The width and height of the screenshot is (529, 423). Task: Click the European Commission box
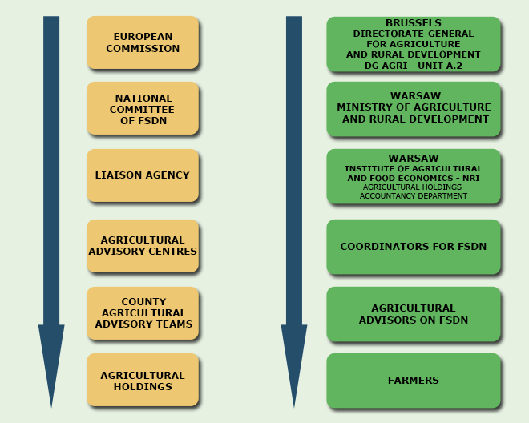[x=143, y=42]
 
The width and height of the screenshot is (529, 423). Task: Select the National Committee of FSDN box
[x=143, y=109]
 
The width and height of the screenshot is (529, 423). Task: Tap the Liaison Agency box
[x=143, y=175]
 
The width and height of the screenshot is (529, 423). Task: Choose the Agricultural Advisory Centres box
[x=143, y=246]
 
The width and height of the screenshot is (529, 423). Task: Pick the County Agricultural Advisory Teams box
[x=143, y=313]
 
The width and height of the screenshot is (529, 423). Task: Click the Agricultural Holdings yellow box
[x=143, y=381]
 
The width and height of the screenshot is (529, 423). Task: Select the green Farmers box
[x=414, y=381]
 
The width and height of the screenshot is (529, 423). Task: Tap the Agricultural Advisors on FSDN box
[x=414, y=314]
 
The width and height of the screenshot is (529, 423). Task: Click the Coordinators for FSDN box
[x=414, y=247]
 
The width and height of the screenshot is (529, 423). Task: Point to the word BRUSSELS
[x=414, y=23]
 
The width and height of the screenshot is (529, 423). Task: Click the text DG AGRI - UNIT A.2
[x=414, y=65]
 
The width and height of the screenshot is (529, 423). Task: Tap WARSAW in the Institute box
[x=414, y=159]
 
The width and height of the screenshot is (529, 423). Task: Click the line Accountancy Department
[x=414, y=196]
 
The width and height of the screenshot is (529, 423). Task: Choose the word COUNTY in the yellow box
[x=143, y=302]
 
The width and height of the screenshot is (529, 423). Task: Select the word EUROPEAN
[x=143, y=37]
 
